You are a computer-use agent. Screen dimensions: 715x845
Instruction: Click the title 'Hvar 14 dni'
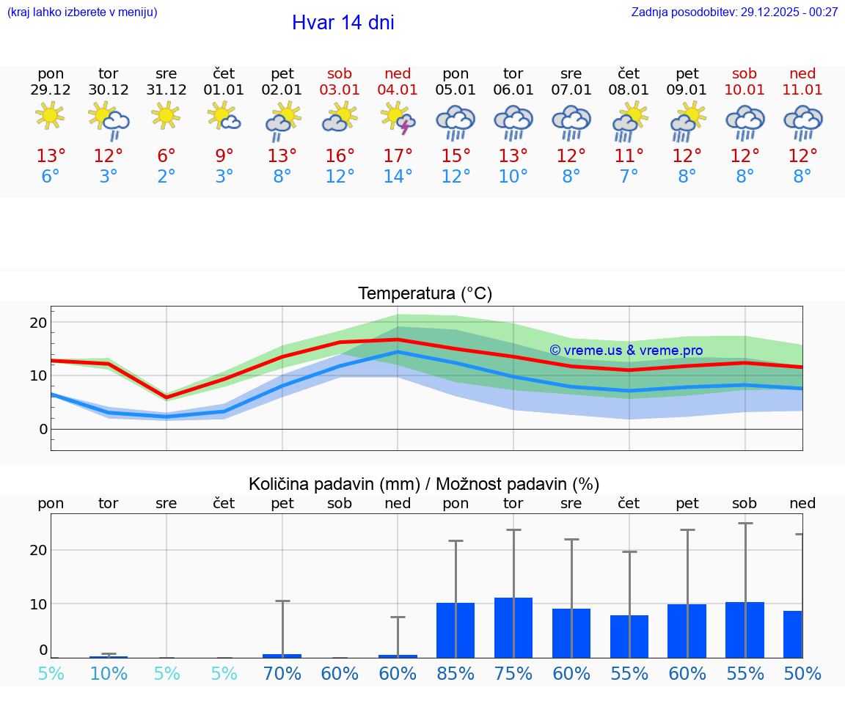click(x=343, y=23)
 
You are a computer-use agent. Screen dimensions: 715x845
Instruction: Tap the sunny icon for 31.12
click(x=167, y=116)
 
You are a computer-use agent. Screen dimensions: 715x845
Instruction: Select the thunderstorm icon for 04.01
click(x=398, y=117)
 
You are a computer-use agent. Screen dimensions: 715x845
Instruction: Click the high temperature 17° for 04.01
click(x=398, y=155)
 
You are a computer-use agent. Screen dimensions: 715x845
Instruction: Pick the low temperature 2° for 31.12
click(x=167, y=176)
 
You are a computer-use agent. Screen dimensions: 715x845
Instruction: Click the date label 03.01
click(x=340, y=89)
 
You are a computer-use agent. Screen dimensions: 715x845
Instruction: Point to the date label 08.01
click(x=629, y=89)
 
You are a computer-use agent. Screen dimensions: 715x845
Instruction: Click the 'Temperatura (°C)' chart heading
click(x=425, y=293)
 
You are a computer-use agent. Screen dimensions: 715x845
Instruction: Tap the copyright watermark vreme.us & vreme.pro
click(x=626, y=351)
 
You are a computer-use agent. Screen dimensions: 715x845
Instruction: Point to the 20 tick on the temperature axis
click(x=38, y=323)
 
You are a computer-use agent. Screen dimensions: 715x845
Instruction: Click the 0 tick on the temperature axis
click(x=43, y=429)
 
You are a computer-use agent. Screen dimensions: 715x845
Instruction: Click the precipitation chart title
click(x=424, y=484)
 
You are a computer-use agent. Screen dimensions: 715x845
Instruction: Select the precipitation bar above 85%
click(x=456, y=630)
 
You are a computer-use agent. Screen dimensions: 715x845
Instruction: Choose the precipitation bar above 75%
click(x=513, y=628)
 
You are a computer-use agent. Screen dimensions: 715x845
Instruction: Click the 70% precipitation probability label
click(x=282, y=673)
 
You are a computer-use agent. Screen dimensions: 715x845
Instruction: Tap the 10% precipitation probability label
click(x=109, y=673)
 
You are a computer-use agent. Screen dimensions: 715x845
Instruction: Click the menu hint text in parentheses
click(x=81, y=12)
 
